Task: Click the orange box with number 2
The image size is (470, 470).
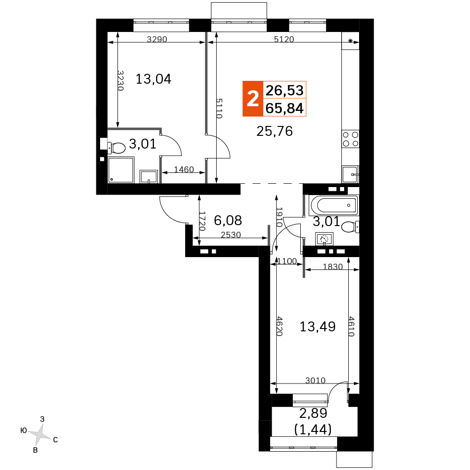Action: pyautogui.click(x=253, y=99)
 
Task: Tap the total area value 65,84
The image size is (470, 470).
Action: pyautogui.click(x=284, y=108)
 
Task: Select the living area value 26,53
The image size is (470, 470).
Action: pyautogui.click(x=284, y=90)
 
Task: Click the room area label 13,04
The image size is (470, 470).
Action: pyautogui.click(x=154, y=79)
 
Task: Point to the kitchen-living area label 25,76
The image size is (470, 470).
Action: pyautogui.click(x=274, y=131)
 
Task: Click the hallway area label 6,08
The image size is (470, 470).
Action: pyautogui.click(x=228, y=220)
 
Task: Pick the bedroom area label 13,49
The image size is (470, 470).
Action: pyautogui.click(x=317, y=327)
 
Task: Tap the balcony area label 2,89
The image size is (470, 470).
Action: pyautogui.click(x=313, y=413)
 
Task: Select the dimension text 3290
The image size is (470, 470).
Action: pyautogui.click(x=157, y=39)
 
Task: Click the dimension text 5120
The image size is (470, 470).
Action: pyautogui.click(x=284, y=39)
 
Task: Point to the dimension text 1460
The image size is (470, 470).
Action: pyautogui.click(x=184, y=170)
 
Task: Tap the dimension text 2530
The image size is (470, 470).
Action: pyautogui.click(x=231, y=235)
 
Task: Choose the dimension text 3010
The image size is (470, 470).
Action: pyautogui.click(x=315, y=380)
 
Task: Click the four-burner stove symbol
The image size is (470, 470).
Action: pyautogui.click(x=351, y=139)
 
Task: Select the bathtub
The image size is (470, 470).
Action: pyautogui.click(x=334, y=206)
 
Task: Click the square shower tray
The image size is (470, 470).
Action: pyautogui.click(x=121, y=170)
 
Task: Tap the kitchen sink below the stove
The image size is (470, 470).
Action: pyautogui.click(x=350, y=174)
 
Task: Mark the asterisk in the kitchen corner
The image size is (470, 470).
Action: pyautogui.click(x=351, y=41)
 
